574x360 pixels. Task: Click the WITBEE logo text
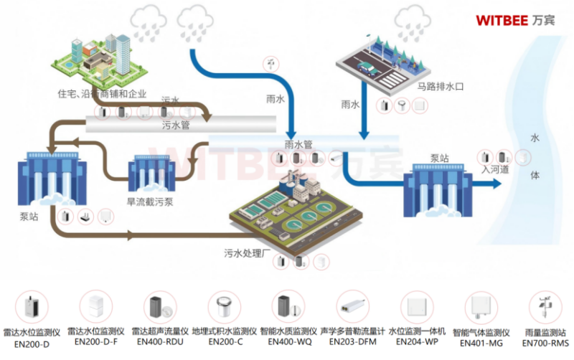[502, 19]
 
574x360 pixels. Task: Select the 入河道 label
[495, 170]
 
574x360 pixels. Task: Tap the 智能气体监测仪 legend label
[481, 332]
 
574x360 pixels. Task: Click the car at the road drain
[366, 69]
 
